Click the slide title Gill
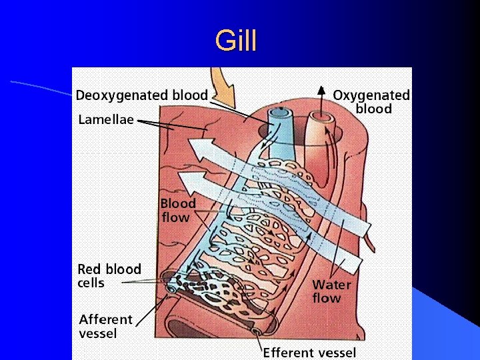[x=235, y=41]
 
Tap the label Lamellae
[x=106, y=120]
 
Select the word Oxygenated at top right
[x=371, y=96]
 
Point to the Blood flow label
[x=178, y=210]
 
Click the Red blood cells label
[x=109, y=276]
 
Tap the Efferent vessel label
[x=309, y=352]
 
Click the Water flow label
[x=331, y=291]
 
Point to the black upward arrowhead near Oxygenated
[x=321, y=91]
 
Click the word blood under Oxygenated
[x=373, y=109]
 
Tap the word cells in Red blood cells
[x=91, y=283]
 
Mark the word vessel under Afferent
[x=98, y=333]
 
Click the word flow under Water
[x=327, y=298]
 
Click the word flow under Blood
[x=176, y=217]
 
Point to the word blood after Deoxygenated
[x=189, y=95]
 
